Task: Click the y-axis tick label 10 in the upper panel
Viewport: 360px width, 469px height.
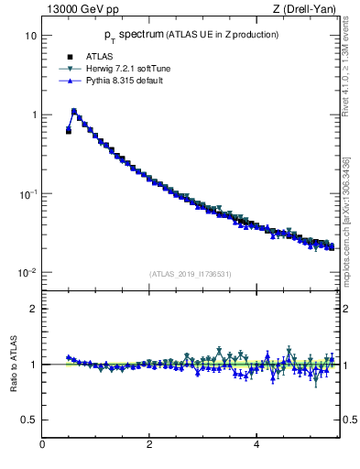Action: pyautogui.click(x=28, y=36)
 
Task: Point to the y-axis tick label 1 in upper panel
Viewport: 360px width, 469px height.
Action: pyautogui.click(x=32, y=115)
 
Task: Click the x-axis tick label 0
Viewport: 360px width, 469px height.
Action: pyautogui.click(x=42, y=445)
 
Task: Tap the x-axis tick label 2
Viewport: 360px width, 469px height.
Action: pyautogui.click(x=149, y=445)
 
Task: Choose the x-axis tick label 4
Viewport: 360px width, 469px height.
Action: pyautogui.click(x=256, y=445)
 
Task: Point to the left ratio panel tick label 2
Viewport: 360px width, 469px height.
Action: pyautogui.click(x=32, y=309)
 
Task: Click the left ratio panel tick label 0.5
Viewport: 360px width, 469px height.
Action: pyautogui.click(x=28, y=420)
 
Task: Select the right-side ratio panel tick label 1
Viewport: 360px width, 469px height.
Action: pyautogui.click(x=346, y=365)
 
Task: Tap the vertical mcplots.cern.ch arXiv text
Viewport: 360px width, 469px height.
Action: pyautogui.click(x=346, y=234)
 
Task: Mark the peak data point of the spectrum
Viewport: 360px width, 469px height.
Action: pyautogui.click(x=74, y=112)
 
